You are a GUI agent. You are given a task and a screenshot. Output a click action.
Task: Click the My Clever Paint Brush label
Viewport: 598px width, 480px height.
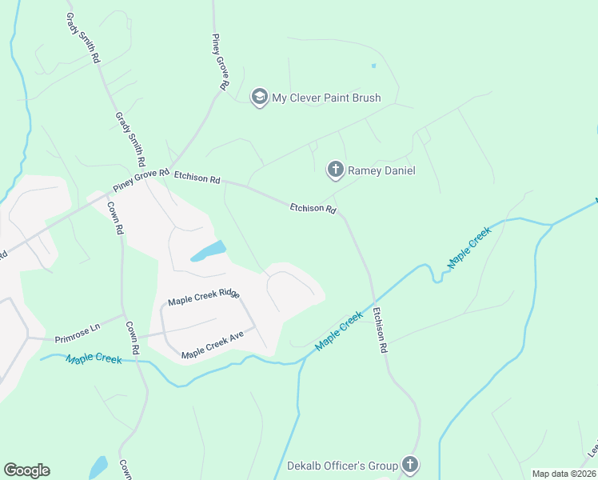[x=326, y=98]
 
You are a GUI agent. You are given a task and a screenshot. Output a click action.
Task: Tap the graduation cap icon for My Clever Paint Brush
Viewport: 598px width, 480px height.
[x=259, y=98]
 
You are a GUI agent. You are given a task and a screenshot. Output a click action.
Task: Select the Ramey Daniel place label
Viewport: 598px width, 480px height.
[x=381, y=170]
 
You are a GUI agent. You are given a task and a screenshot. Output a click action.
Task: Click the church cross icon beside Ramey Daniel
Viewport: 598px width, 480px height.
[x=336, y=170]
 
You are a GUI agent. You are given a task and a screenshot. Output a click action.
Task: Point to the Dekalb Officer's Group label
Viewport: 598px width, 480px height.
[x=343, y=466]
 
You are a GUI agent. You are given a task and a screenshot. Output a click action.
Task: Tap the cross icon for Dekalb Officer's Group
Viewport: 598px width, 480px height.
[x=410, y=465]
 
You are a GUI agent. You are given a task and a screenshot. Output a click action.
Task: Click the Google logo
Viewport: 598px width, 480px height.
[x=26, y=470]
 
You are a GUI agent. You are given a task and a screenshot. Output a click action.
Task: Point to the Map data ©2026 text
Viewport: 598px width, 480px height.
[x=564, y=474]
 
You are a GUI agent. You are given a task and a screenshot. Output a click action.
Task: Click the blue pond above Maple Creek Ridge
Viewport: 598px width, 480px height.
[x=208, y=251]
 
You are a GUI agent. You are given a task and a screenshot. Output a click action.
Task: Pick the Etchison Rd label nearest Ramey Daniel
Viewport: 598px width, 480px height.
[x=313, y=208]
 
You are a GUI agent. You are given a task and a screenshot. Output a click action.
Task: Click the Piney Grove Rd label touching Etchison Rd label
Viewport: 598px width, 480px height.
[x=142, y=179]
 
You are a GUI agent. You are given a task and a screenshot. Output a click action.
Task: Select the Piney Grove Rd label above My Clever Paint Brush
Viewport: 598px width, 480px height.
[x=221, y=61]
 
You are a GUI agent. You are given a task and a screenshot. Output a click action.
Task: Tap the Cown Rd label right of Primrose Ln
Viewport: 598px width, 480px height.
[x=132, y=338]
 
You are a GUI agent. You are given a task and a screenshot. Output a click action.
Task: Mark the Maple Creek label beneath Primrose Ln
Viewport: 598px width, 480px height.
[x=94, y=359]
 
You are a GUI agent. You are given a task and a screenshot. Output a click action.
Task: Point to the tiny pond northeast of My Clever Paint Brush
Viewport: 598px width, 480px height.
[x=373, y=66]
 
